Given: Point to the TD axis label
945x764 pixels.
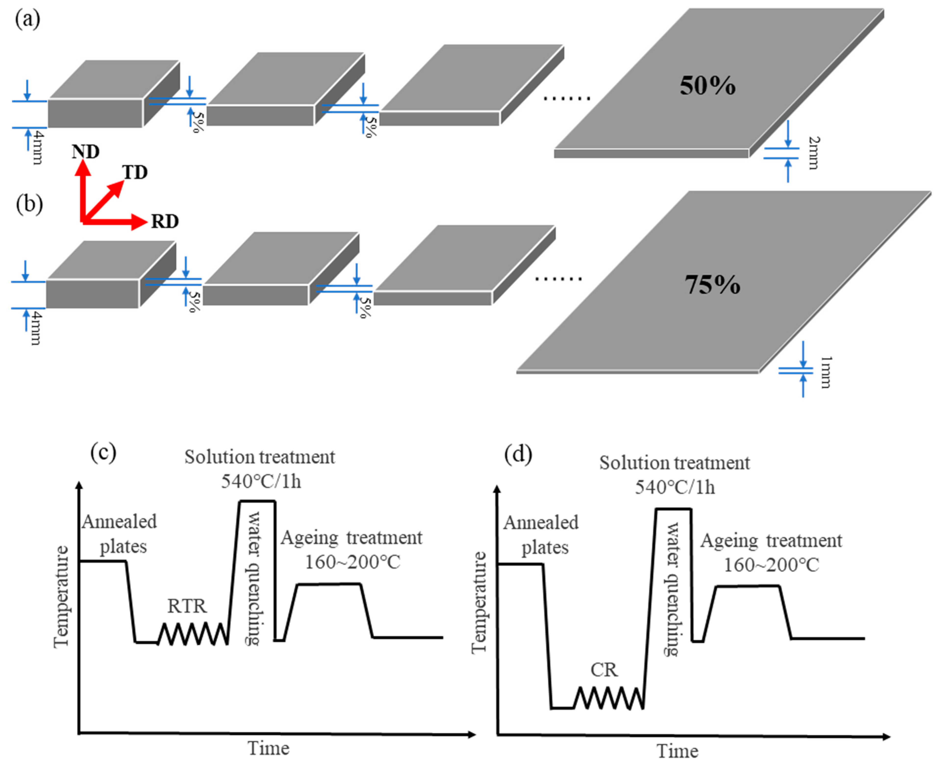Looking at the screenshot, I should pos(135,172).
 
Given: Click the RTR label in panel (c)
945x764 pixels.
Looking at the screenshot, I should pos(187,606).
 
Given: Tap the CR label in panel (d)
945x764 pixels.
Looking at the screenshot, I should pos(604,670).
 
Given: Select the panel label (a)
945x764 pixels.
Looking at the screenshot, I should pos(28,20).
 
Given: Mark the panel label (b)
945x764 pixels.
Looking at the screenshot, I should pos(29,205).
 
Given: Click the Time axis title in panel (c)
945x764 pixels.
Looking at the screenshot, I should pos(268,748).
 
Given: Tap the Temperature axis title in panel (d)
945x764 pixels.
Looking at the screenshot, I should pos(479,603).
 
